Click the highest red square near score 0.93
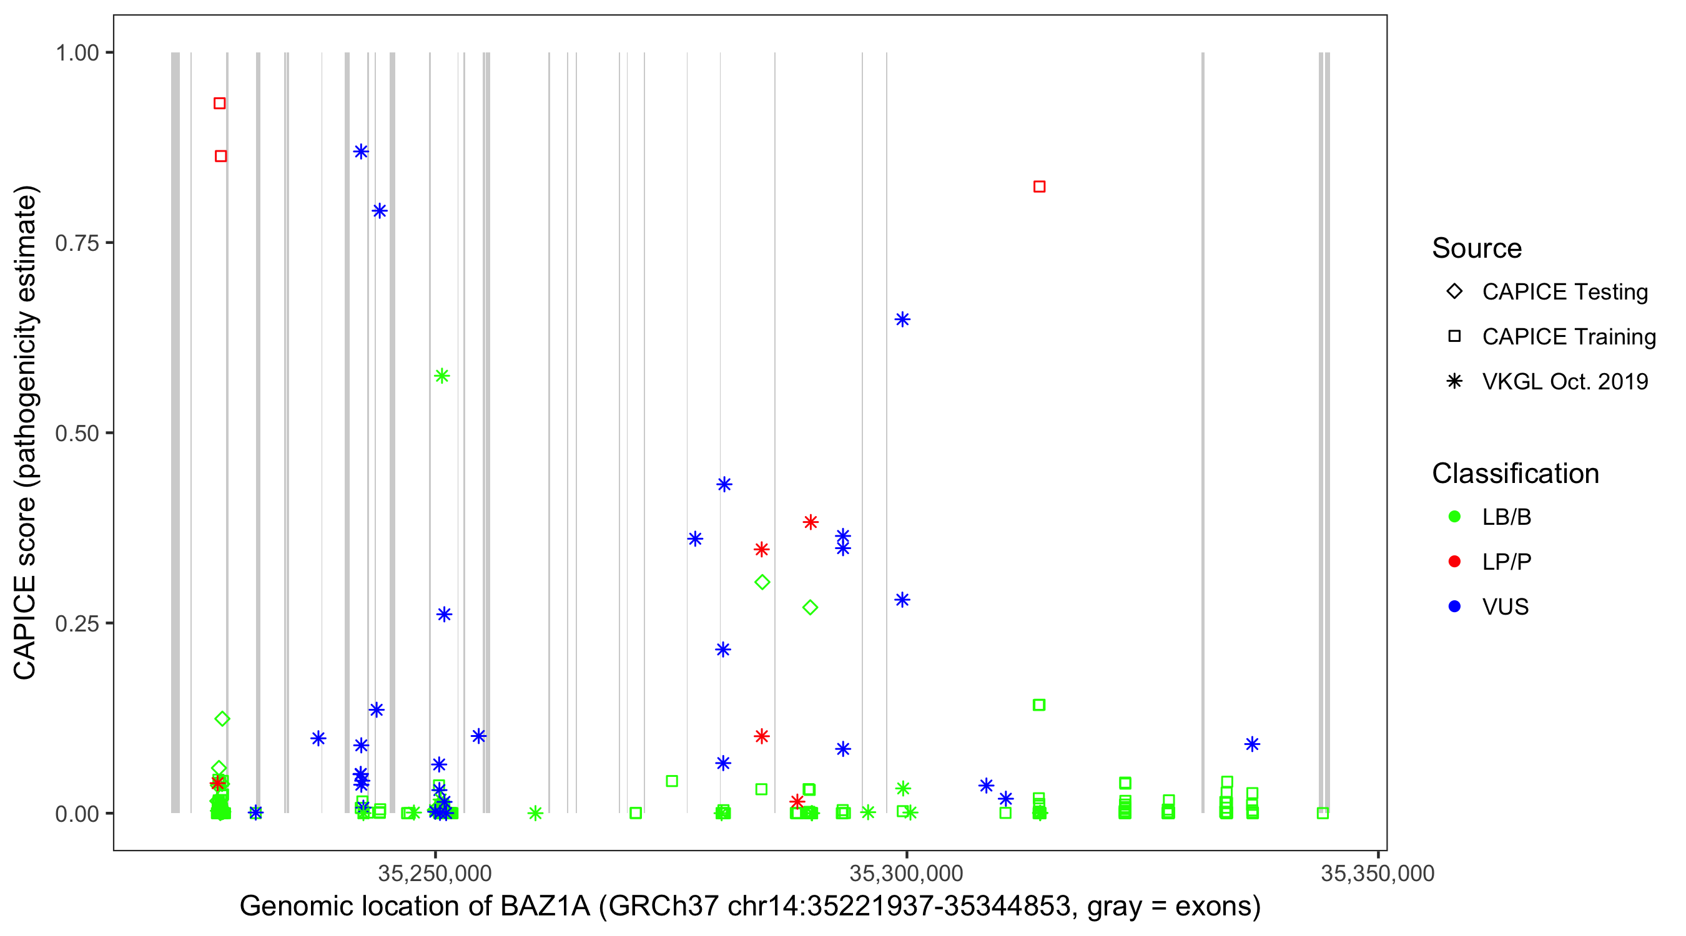219,104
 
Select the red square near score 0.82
1038,187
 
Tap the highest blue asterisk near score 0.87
361,152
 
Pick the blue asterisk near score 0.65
902,319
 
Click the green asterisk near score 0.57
441,376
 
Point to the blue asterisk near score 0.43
724,484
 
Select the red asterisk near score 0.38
811,521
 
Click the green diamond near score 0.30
762,582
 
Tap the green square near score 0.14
1038,704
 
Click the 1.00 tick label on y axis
77,52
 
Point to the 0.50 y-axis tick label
77,433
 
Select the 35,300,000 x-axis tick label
906,872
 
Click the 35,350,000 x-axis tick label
1377,872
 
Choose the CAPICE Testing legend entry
1564,292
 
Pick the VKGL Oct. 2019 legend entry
1564,381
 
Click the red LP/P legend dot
1454,561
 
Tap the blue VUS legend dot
1454,607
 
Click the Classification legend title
1515,473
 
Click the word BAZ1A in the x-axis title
545,906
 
